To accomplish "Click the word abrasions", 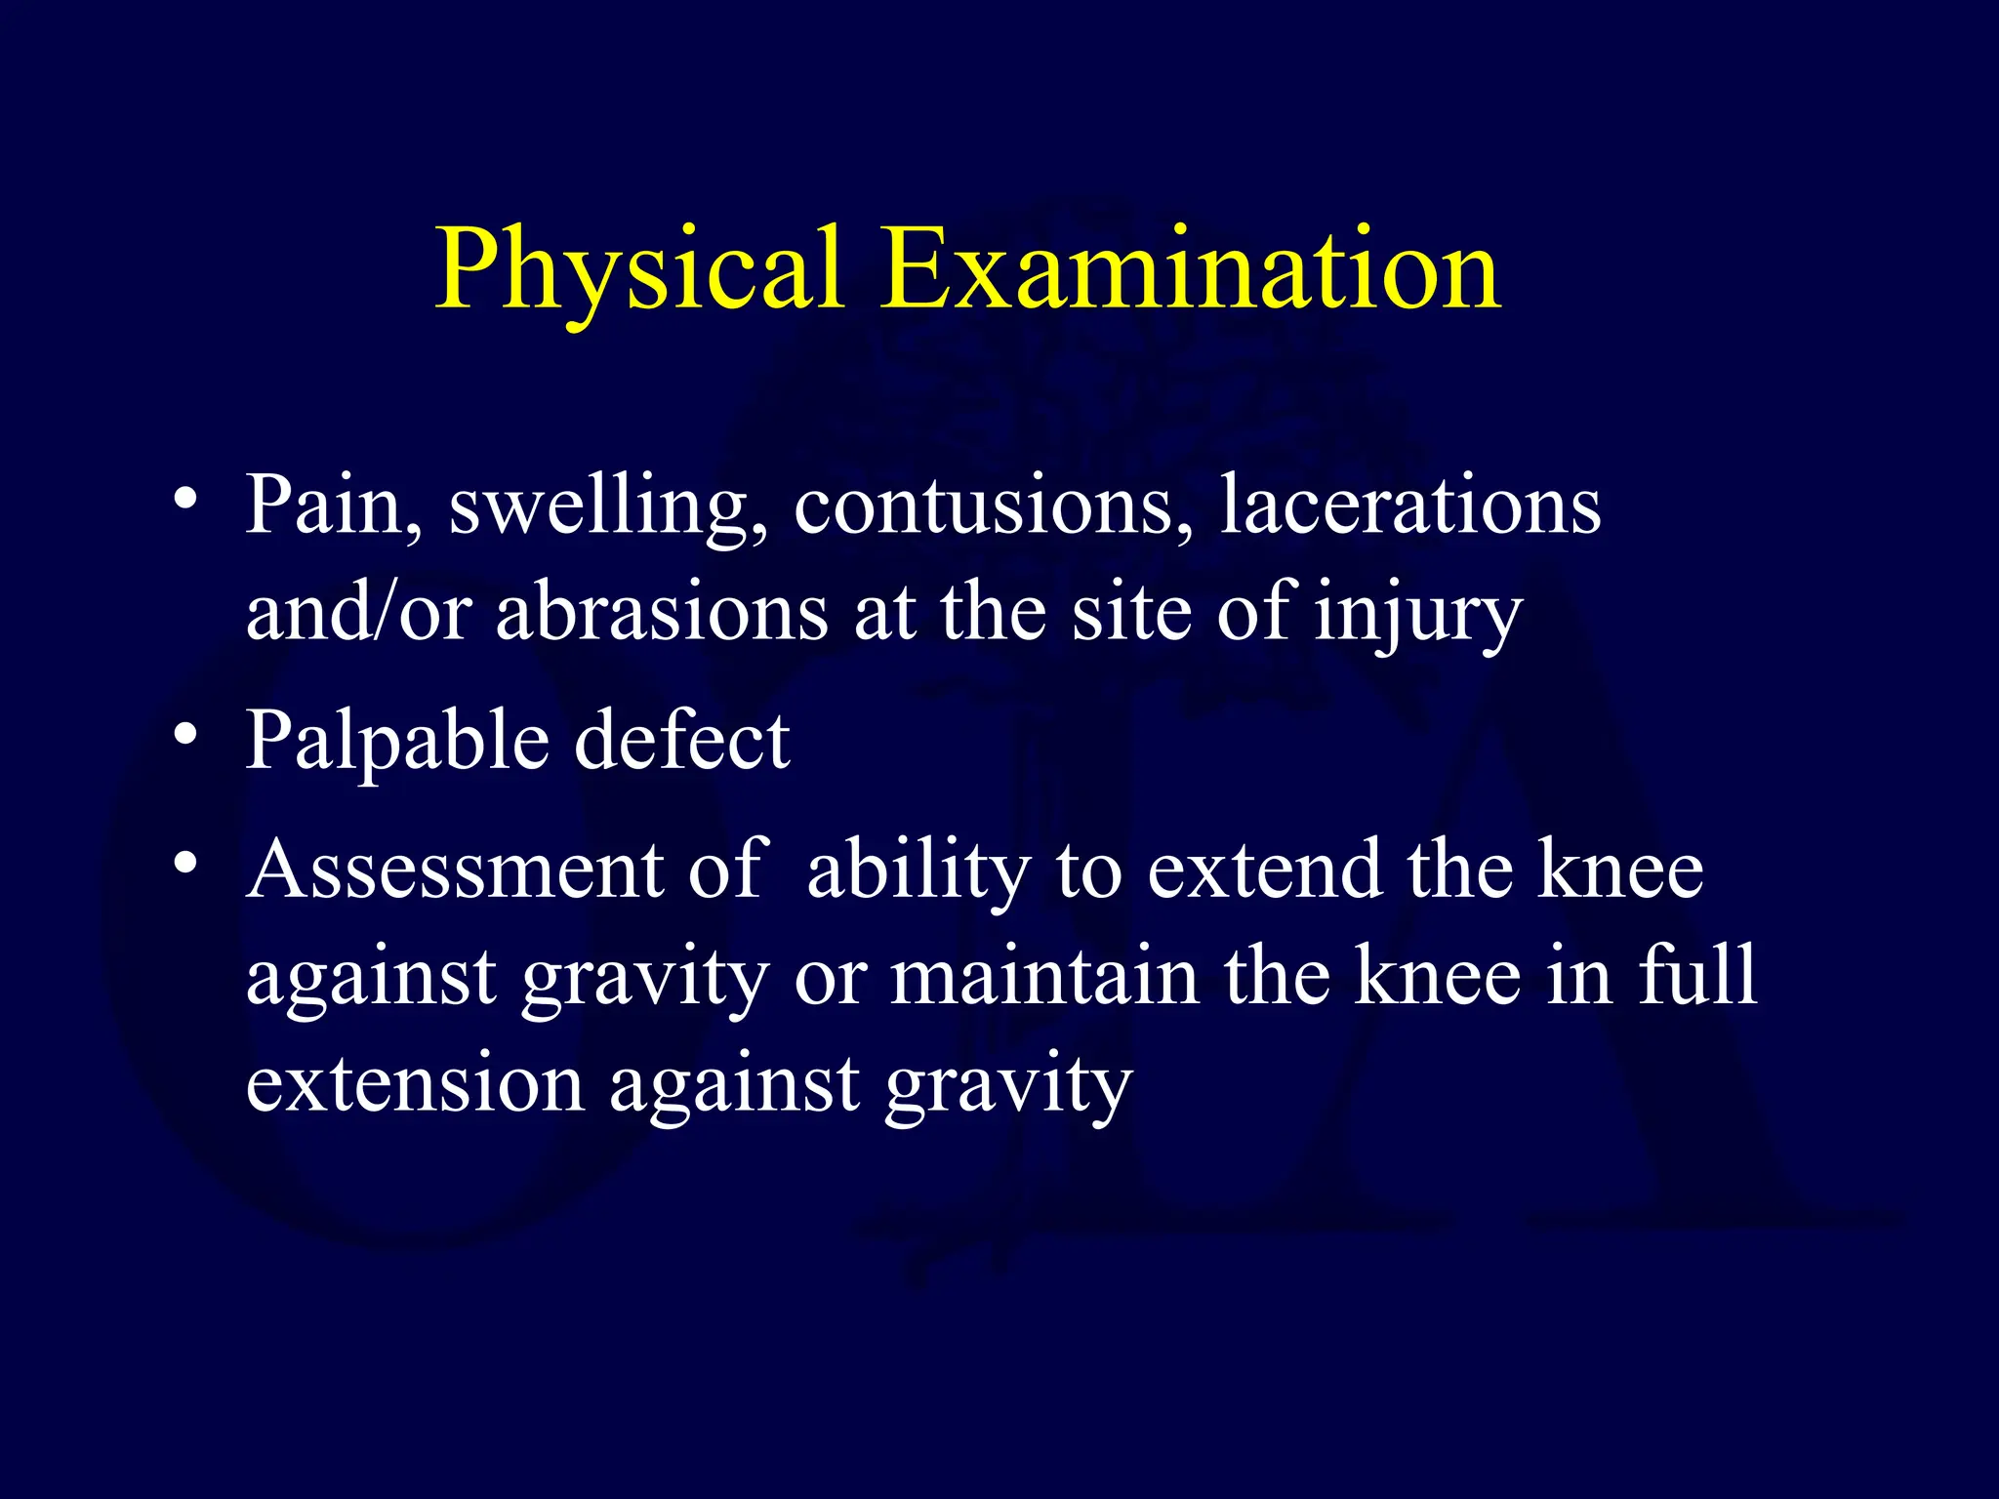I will pyautogui.click(x=663, y=613).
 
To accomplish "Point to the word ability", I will pyautogui.click(x=918, y=871).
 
